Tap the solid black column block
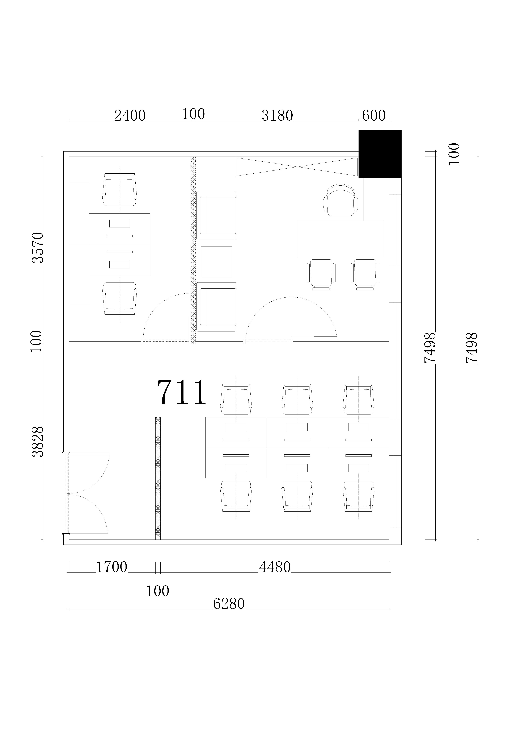[x=380, y=154]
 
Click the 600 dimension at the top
[x=374, y=116]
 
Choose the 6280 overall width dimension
[x=229, y=604]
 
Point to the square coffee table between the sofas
[x=216, y=262]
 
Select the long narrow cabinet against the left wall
[x=79, y=244]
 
